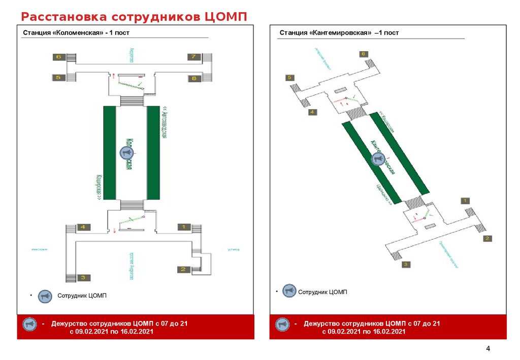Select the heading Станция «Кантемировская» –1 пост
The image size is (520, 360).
[339, 33]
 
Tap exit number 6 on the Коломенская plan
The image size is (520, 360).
[58, 57]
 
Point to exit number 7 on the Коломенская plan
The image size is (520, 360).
[193, 57]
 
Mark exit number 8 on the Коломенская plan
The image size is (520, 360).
[193, 78]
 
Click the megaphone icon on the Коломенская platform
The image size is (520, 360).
[126, 152]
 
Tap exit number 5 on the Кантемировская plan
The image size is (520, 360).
[290, 78]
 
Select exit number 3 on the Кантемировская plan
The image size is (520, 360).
[406, 265]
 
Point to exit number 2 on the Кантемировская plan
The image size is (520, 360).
[487, 238]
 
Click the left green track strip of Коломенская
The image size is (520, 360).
[110, 152]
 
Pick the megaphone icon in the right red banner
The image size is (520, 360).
[283, 323]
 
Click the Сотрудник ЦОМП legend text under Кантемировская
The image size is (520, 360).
[322, 292]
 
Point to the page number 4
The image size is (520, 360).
[488, 348]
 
